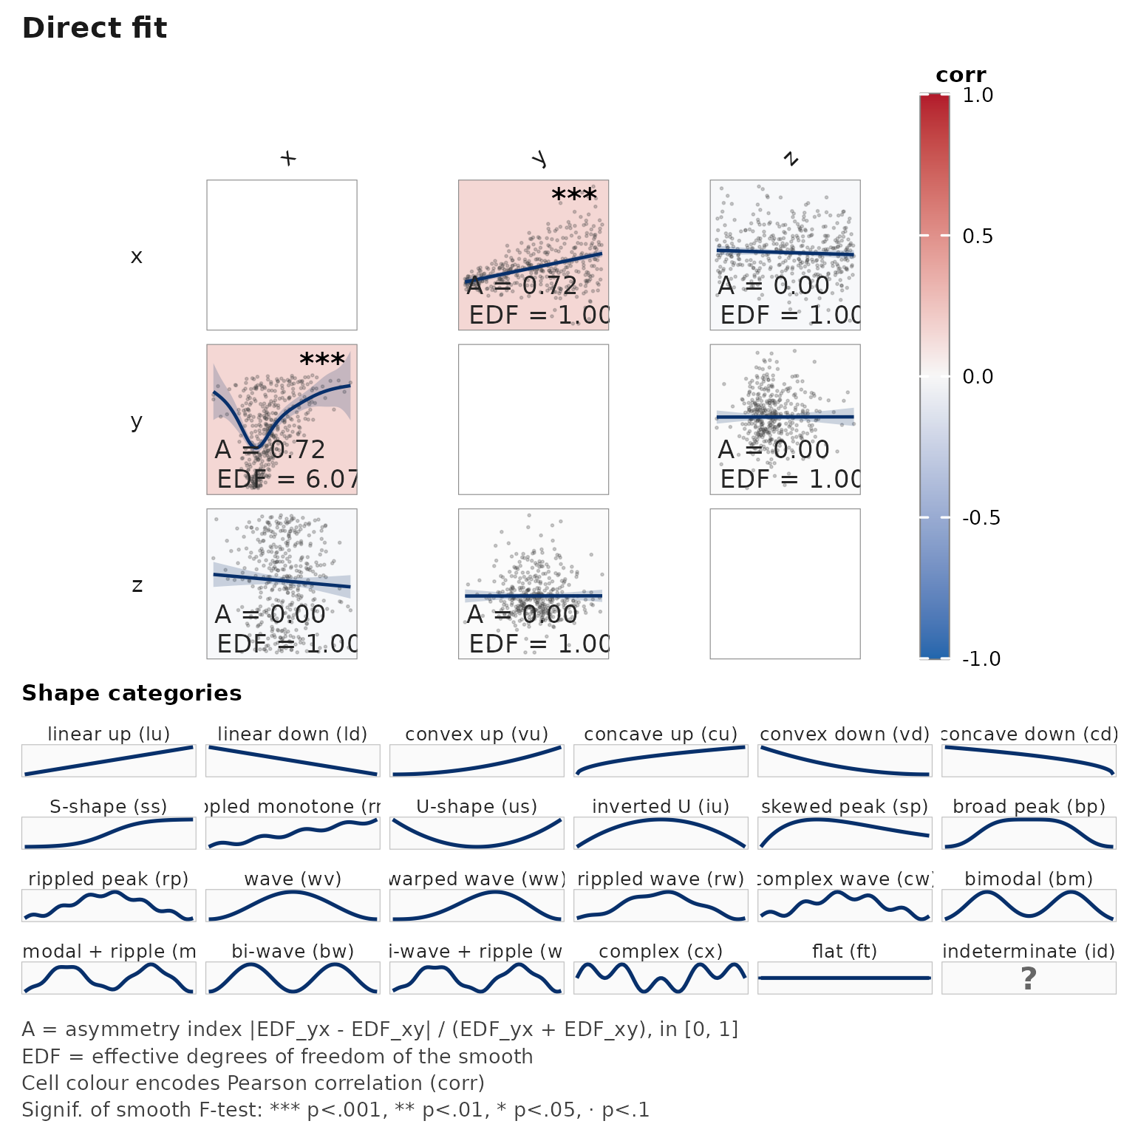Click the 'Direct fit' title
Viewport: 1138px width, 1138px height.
click(x=95, y=28)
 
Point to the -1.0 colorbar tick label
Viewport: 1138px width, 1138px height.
click(x=981, y=659)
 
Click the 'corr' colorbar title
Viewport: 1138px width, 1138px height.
click(x=961, y=75)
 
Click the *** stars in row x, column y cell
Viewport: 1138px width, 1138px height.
click(x=574, y=197)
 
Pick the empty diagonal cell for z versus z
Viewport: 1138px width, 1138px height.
click(x=785, y=584)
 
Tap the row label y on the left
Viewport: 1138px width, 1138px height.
click(x=136, y=421)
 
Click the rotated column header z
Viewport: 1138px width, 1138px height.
click(x=791, y=158)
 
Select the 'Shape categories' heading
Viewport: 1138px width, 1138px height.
click(x=132, y=693)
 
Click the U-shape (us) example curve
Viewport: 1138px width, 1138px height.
click(x=477, y=834)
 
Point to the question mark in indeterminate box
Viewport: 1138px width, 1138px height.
click(x=1028, y=978)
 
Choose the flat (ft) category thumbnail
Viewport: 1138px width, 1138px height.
click(x=844, y=978)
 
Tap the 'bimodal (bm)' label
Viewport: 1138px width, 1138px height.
click(x=1028, y=879)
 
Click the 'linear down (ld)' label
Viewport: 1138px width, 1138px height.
click(x=293, y=735)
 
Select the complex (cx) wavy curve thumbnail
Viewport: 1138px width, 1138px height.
click(x=661, y=978)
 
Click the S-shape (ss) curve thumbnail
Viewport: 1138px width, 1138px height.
click(x=109, y=834)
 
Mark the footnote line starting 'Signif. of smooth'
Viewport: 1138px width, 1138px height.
click(x=335, y=1110)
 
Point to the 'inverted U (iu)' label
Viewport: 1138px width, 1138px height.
click(x=661, y=807)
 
